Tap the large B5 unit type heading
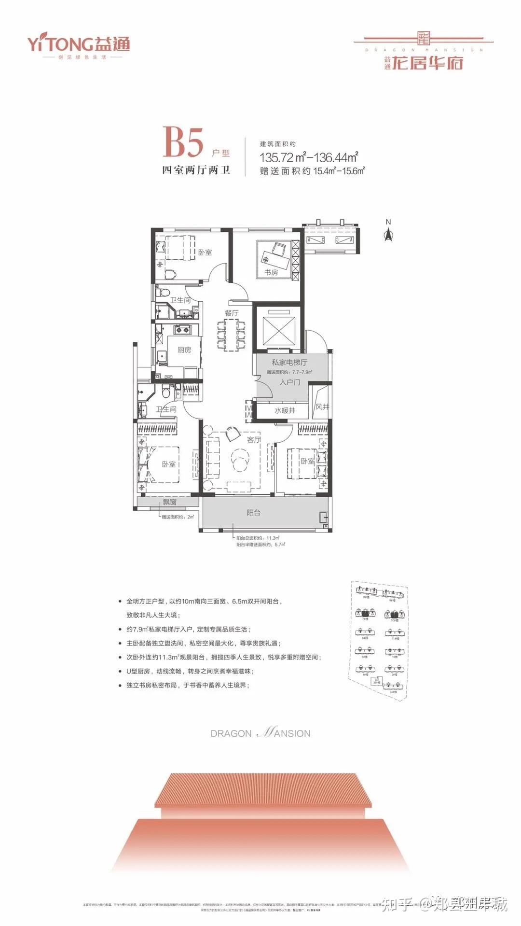183,142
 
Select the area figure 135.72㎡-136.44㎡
309,157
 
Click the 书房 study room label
271,272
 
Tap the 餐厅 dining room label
232,313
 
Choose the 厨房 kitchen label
184,350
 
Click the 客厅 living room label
253,439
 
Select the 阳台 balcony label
253,512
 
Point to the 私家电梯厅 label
289,362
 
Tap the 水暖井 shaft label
285,410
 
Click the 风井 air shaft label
322,407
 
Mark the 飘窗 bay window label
169,502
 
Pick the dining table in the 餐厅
232,334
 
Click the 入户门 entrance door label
289,382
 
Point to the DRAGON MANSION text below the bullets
260,733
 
